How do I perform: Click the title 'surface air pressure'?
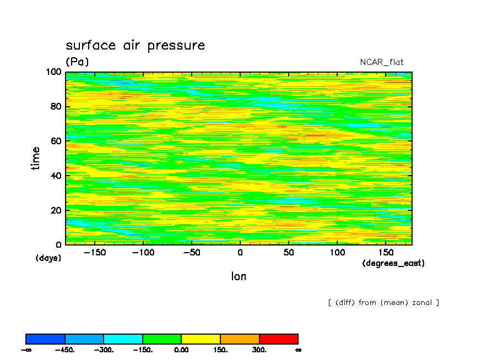point(135,46)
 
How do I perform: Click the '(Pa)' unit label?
point(77,62)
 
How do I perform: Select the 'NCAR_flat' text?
point(382,62)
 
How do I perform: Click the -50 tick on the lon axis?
point(192,252)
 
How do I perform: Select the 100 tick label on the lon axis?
point(337,252)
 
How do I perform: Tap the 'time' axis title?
point(36,159)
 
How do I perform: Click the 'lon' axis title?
point(239,276)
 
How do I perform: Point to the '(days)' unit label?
point(48,258)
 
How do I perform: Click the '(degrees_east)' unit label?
point(393,263)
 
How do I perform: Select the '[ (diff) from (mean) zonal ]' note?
point(383,302)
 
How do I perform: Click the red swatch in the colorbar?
point(279,339)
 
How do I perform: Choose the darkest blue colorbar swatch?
point(45,339)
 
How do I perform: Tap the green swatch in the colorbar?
point(162,339)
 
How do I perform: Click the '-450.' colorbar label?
point(65,350)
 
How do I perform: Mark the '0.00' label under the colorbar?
point(181,350)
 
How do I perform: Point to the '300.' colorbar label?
point(259,350)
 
